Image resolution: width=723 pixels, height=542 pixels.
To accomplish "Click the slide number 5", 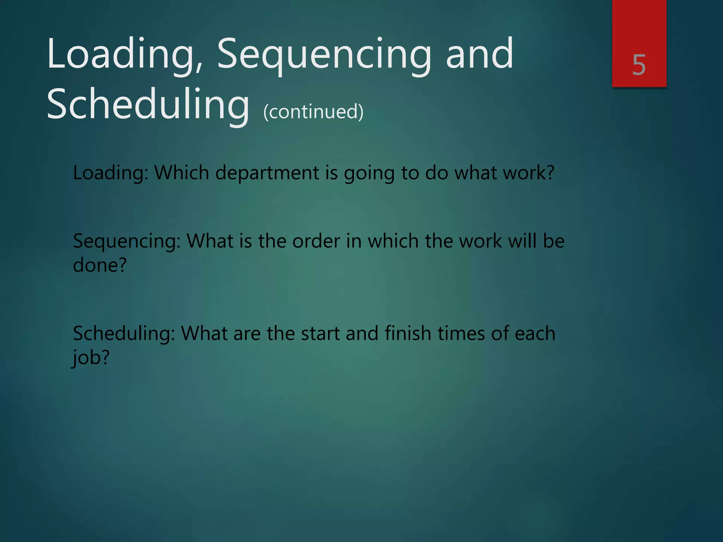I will click(639, 65).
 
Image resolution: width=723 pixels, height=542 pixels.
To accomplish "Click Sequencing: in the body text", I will click(127, 242).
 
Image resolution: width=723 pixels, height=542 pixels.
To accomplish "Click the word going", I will click(369, 174).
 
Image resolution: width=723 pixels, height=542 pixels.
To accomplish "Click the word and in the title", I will click(479, 55).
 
